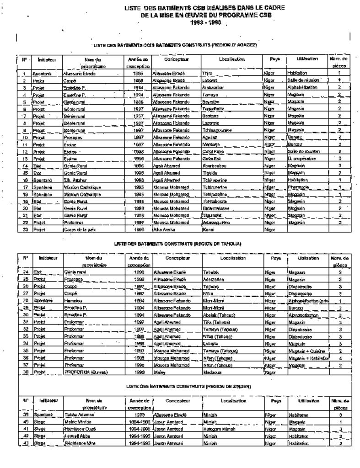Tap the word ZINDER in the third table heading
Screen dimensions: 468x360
click(x=241, y=386)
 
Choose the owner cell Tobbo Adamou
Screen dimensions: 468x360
click(x=79, y=415)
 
